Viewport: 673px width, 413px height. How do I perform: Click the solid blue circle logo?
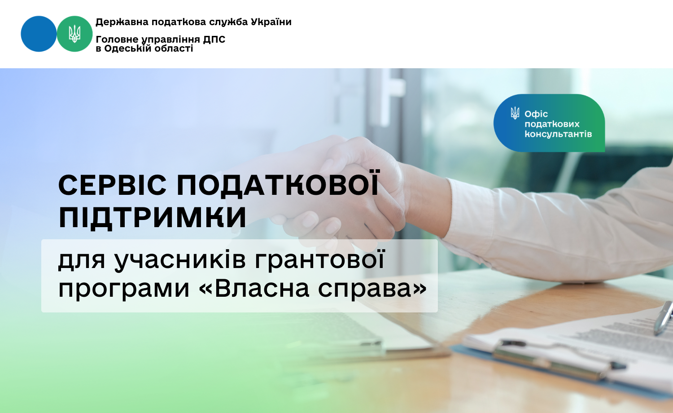tap(39, 34)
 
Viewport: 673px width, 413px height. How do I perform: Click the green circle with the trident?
tap(74, 34)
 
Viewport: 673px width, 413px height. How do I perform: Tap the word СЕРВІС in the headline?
tap(112, 185)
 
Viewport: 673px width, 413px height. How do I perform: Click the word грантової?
tap(319, 259)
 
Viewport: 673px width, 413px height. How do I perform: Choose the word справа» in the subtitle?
tap(372, 289)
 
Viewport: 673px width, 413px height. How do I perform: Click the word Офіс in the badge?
tap(536, 114)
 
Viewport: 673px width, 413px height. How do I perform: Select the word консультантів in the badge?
tap(558, 134)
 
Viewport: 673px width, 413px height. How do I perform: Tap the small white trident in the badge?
tap(515, 113)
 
